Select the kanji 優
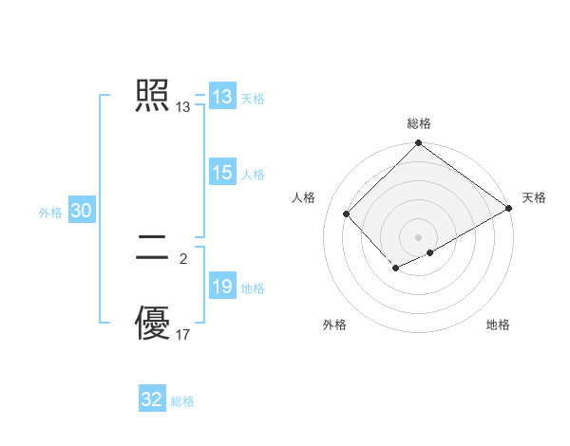[153, 324]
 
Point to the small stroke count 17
[183, 335]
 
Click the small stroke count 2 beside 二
[183, 256]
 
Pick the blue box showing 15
[222, 173]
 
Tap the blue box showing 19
[222, 287]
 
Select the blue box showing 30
[81, 212]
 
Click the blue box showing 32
[152, 400]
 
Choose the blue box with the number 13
[222, 97]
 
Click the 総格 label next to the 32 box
[182, 401]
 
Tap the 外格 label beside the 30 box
[50, 213]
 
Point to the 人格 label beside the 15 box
[253, 175]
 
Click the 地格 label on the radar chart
[498, 325]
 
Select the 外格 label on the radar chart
[334, 325]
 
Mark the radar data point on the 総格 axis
[418, 144]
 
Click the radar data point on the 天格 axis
[509, 208]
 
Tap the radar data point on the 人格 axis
[347, 214]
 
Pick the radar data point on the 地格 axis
[430, 252]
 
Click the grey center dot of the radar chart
[418, 236]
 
